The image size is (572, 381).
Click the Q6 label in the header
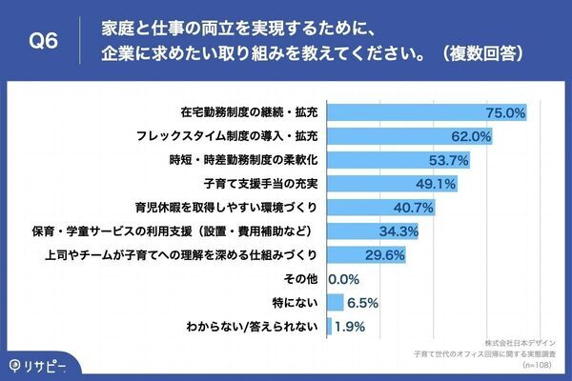pos(44,39)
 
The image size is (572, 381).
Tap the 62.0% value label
pos(471,136)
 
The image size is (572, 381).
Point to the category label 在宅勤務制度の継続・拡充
pos(252,112)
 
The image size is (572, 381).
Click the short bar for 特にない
pos(335,303)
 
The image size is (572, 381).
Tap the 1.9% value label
pos(350,327)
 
